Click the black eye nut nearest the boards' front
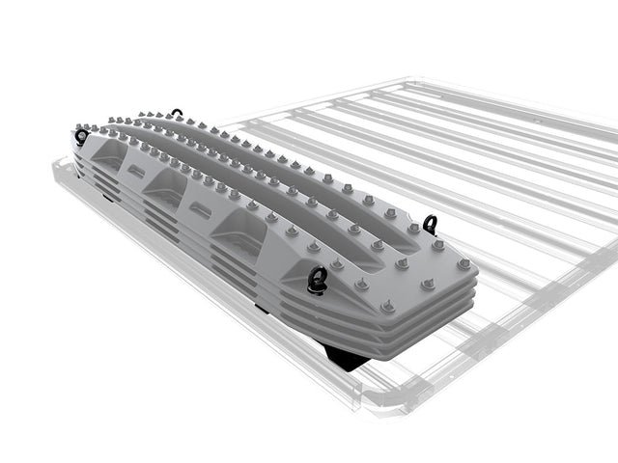(x=317, y=280)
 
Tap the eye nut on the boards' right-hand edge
(x=430, y=225)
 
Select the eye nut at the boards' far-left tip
(x=80, y=137)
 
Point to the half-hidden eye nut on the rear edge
(x=177, y=114)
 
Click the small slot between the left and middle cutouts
(x=136, y=172)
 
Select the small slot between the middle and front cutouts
(x=202, y=208)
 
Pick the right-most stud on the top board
(x=467, y=264)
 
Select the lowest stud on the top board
(x=387, y=307)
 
